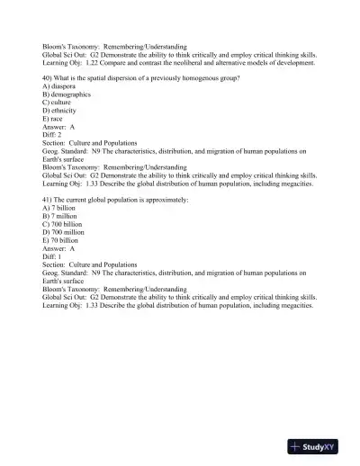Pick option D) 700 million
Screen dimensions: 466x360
click(x=63, y=231)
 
